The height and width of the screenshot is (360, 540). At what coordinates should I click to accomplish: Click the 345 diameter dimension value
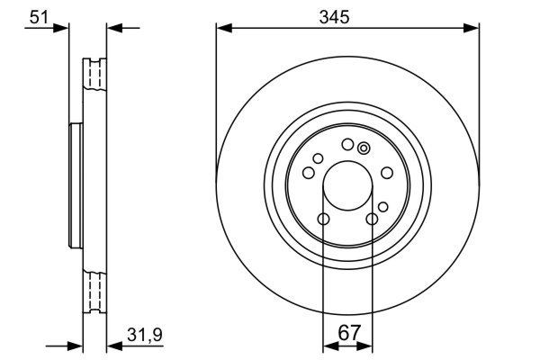(346, 15)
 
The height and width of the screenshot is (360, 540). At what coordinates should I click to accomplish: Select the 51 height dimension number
(39, 15)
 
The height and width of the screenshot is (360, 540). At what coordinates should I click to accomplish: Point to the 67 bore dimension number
(347, 332)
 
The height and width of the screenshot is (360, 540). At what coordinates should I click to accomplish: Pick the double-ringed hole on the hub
(364, 148)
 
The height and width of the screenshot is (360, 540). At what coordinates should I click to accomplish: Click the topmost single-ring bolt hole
(347, 145)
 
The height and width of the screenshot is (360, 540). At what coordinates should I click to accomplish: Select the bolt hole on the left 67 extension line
(323, 219)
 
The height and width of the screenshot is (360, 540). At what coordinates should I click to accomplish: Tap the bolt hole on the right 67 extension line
(372, 219)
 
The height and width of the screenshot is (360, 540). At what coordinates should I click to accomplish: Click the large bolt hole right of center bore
(386, 173)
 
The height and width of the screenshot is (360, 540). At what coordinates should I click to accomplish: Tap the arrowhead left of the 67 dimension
(328, 345)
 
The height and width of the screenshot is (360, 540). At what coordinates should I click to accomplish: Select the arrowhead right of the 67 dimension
(366, 345)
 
